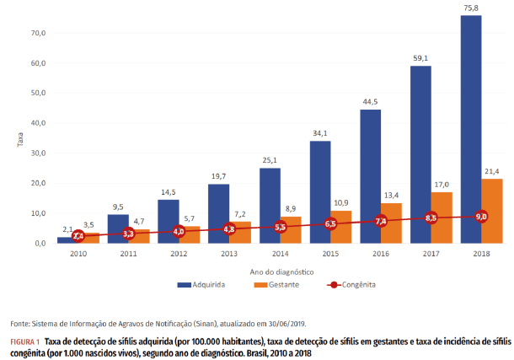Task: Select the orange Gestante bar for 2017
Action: pos(442,218)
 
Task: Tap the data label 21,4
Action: pos(492,170)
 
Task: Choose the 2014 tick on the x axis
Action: pos(280,253)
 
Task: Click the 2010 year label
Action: pos(78,253)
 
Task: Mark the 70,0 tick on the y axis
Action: pos(37,33)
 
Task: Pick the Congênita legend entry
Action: pos(346,285)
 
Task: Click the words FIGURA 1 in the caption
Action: pos(25,341)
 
